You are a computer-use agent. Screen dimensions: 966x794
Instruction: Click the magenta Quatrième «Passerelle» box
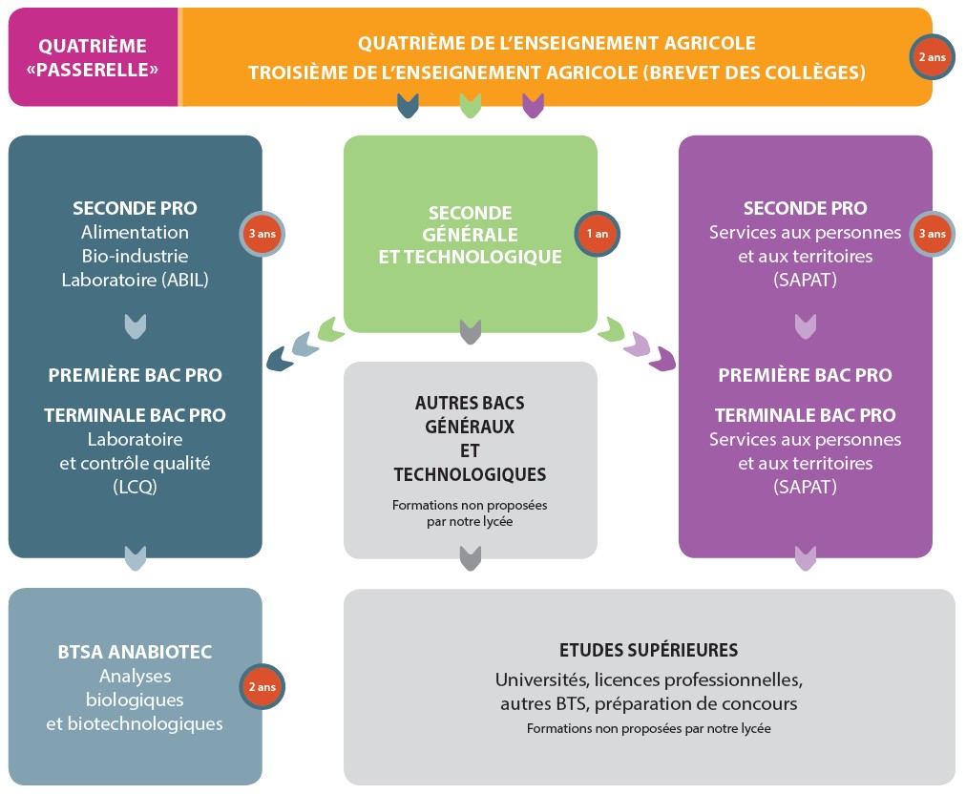pos(93,56)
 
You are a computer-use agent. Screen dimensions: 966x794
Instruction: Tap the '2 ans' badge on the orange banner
pos(933,57)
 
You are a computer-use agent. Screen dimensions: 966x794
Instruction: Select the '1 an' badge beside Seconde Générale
pos(597,234)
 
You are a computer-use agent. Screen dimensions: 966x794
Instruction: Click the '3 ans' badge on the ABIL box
pos(262,234)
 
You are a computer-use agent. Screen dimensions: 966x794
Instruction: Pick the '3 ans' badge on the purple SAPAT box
pos(933,234)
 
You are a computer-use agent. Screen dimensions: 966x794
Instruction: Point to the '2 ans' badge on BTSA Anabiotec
pos(262,687)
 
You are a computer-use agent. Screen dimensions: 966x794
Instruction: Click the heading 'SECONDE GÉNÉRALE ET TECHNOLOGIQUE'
pos(470,235)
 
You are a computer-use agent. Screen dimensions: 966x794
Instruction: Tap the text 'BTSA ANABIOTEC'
pos(135,652)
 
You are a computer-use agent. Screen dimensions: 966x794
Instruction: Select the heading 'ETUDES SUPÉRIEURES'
pos(649,650)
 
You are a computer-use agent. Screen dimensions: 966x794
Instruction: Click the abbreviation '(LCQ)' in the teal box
pos(135,488)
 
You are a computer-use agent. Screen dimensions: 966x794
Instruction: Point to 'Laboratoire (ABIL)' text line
pos(135,281)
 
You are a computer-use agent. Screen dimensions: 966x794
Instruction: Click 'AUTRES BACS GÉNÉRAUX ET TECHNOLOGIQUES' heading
pos(470,439)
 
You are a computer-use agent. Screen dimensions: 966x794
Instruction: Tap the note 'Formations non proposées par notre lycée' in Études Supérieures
pos(649,728)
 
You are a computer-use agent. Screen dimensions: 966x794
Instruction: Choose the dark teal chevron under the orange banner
pos(408,105)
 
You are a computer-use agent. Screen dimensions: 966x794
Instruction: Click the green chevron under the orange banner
pos(471,105)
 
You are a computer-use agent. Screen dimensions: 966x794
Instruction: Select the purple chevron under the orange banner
pos(533,105)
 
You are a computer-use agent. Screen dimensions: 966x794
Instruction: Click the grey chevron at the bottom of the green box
pos(471,332)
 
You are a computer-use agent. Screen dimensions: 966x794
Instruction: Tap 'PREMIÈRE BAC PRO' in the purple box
pos(806,375)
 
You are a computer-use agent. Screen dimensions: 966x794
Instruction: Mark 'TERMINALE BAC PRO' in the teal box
pos(135,415)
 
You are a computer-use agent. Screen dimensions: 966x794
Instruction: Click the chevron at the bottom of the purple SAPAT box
pos(806,558)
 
